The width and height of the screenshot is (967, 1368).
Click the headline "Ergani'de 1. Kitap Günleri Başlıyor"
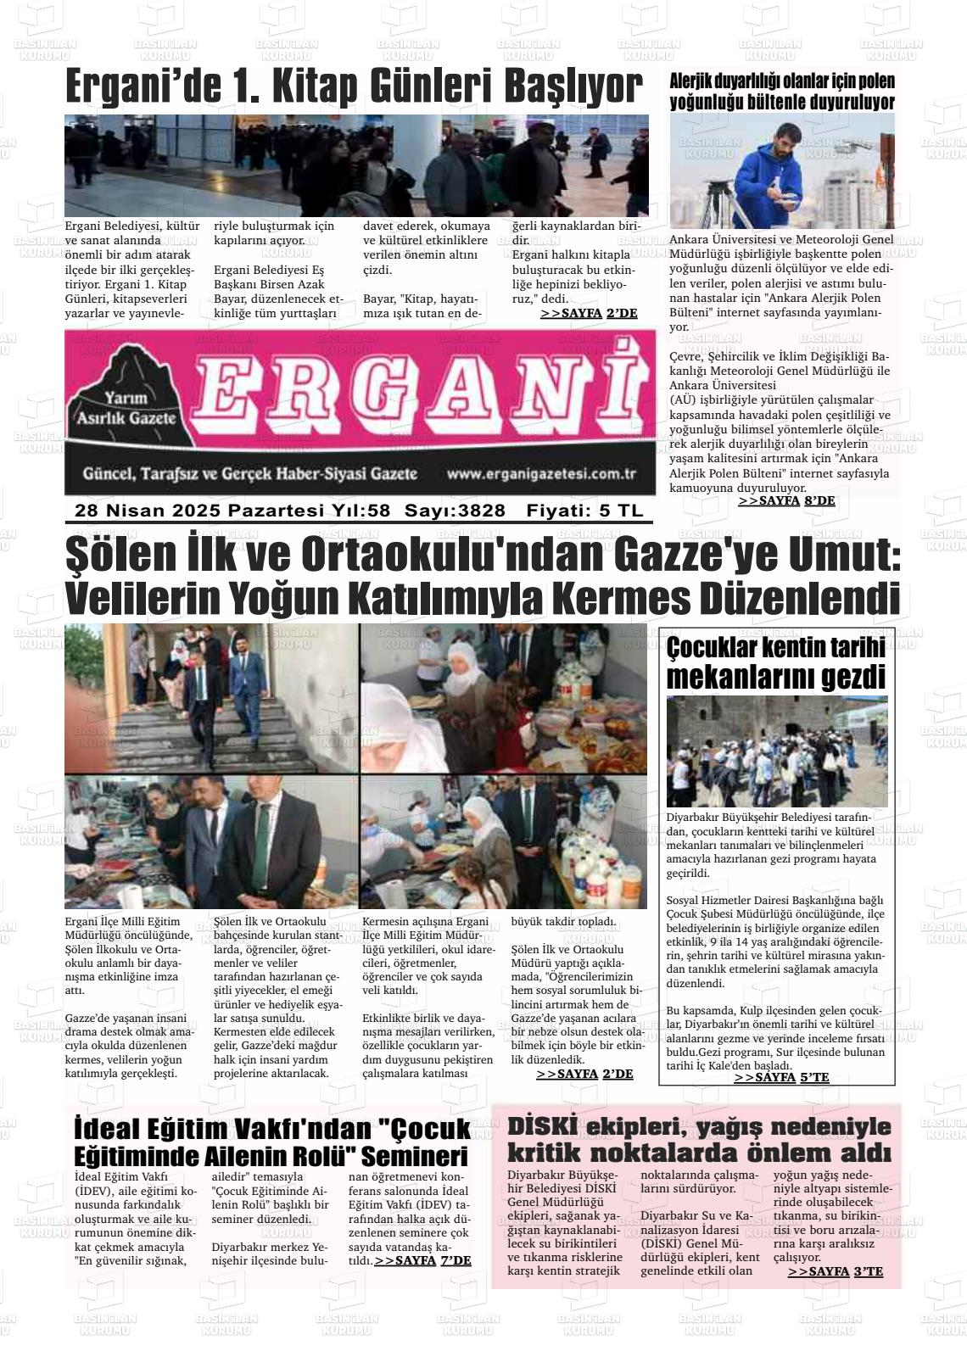click(355, 87)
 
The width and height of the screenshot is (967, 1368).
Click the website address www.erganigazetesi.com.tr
click(541, 475)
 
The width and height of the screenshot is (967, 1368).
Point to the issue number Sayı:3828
click(455, 511)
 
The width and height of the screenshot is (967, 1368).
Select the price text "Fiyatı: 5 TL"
click(584, 511)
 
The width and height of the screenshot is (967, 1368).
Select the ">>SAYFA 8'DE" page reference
click(786, 501)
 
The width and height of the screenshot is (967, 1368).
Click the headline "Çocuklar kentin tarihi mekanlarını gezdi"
click(776, 663)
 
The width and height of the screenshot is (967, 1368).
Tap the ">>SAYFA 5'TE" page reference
click(781, 1077)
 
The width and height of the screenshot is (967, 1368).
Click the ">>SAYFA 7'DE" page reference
click(422, 1260)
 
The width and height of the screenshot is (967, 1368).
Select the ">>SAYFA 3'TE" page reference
click(835, 1271)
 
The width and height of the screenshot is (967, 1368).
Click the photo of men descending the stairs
click(211, 697)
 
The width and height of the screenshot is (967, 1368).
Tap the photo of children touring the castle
click(777, 751)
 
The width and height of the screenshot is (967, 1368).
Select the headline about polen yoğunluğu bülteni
click(781, 92)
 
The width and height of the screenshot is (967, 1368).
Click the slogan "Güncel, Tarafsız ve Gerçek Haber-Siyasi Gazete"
click(249, 473)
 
